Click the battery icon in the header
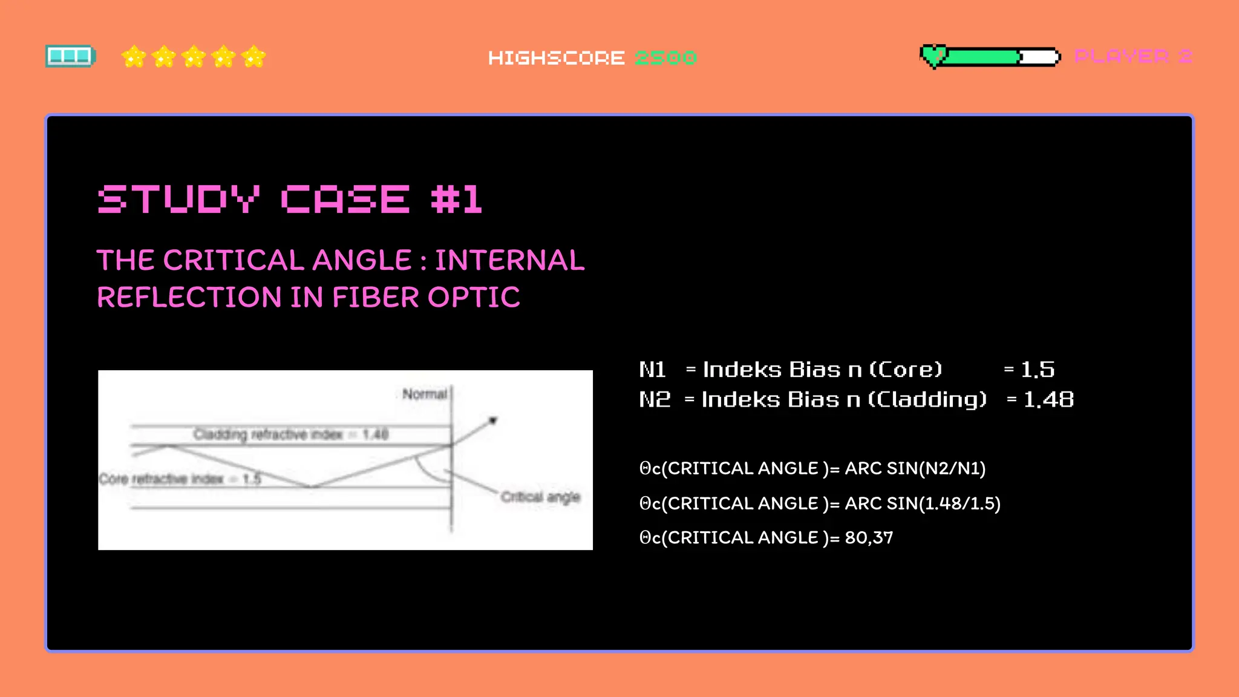[70, 56]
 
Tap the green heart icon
[933, 56]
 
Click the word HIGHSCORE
[556, 58]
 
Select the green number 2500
[665, 58]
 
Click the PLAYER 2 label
[1133, 56]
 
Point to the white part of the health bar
[1039, 57]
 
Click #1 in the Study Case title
[457, 199]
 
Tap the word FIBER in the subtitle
[375, 297]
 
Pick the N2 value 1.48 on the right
[1048, 400]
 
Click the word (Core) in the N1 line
[906, 370]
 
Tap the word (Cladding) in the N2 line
[927, 400]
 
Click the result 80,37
[869, 537]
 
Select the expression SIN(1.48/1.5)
[943, 503]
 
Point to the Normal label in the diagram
[424, 394]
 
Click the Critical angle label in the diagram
[540, 497]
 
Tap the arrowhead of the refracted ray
[493, 420]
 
